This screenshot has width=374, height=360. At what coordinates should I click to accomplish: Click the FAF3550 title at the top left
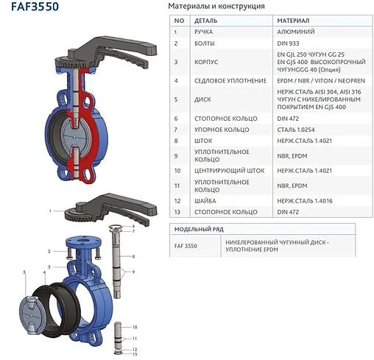tap(30, 7)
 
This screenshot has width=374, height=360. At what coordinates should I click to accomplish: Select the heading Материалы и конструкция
tap(217, 7)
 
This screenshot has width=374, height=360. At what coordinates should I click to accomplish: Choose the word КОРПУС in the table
tap(206, 63)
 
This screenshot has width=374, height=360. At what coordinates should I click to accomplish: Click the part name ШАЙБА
tap(205, 200)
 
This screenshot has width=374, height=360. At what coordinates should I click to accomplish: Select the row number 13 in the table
tap(177, 212)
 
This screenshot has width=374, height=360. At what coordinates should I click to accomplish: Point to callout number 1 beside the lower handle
tap(51, 211)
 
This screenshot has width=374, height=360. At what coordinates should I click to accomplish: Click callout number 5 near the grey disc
tap(25, 272)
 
